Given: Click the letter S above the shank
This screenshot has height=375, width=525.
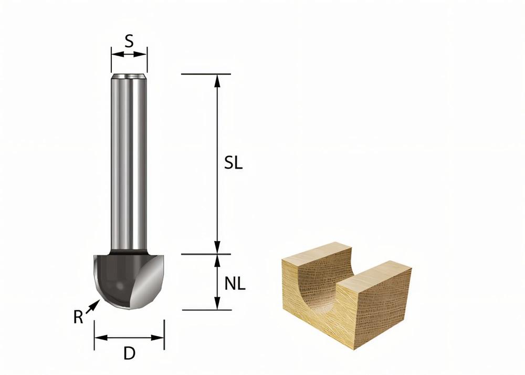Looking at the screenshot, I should (x=129, y=40).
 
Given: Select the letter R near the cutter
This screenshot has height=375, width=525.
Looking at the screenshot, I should (x=78, y=317).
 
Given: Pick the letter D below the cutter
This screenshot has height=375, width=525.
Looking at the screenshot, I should (x=129, y=354).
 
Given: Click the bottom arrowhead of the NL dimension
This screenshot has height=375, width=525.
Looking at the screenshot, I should (x=217, y=304).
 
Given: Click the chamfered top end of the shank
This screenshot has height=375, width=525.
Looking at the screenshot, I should (x=129, y=77).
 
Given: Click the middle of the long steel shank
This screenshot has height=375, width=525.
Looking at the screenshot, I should (x=129, y=163).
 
